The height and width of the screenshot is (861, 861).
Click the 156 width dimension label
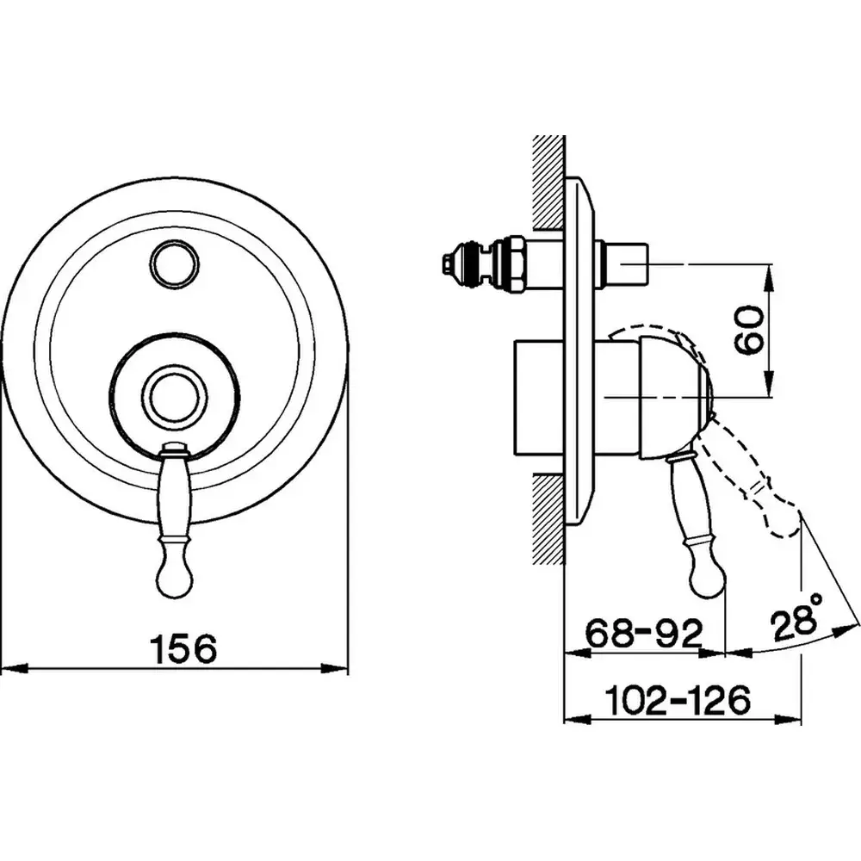tap(183, 648)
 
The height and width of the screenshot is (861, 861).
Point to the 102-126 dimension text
tap(678, 699)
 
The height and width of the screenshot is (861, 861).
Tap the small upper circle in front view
tap(173, 263)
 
